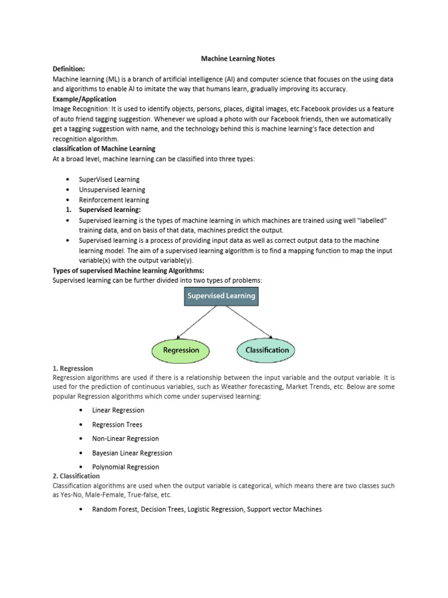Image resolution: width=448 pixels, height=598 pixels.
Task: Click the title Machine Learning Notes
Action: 237,59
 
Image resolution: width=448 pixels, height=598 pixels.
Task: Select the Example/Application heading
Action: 84,99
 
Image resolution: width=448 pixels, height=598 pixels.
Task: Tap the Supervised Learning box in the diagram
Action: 220,296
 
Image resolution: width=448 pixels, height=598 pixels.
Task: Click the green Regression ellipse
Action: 181,350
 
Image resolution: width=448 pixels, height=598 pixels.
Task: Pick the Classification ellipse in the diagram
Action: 266,350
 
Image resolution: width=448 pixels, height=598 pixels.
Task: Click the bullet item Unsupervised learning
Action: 113,190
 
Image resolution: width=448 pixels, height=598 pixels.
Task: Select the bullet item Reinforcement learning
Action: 114,200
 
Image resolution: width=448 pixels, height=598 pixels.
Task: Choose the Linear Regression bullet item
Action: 118,411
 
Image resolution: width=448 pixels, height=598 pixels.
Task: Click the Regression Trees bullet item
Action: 117,425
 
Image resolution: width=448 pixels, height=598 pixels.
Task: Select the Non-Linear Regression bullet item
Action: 125,439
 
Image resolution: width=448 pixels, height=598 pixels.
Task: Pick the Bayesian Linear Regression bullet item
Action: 132,453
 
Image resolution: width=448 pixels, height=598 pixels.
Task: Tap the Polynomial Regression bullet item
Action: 125,467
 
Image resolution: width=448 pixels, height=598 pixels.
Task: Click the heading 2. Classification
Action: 76,477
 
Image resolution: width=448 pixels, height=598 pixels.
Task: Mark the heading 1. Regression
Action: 72,368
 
